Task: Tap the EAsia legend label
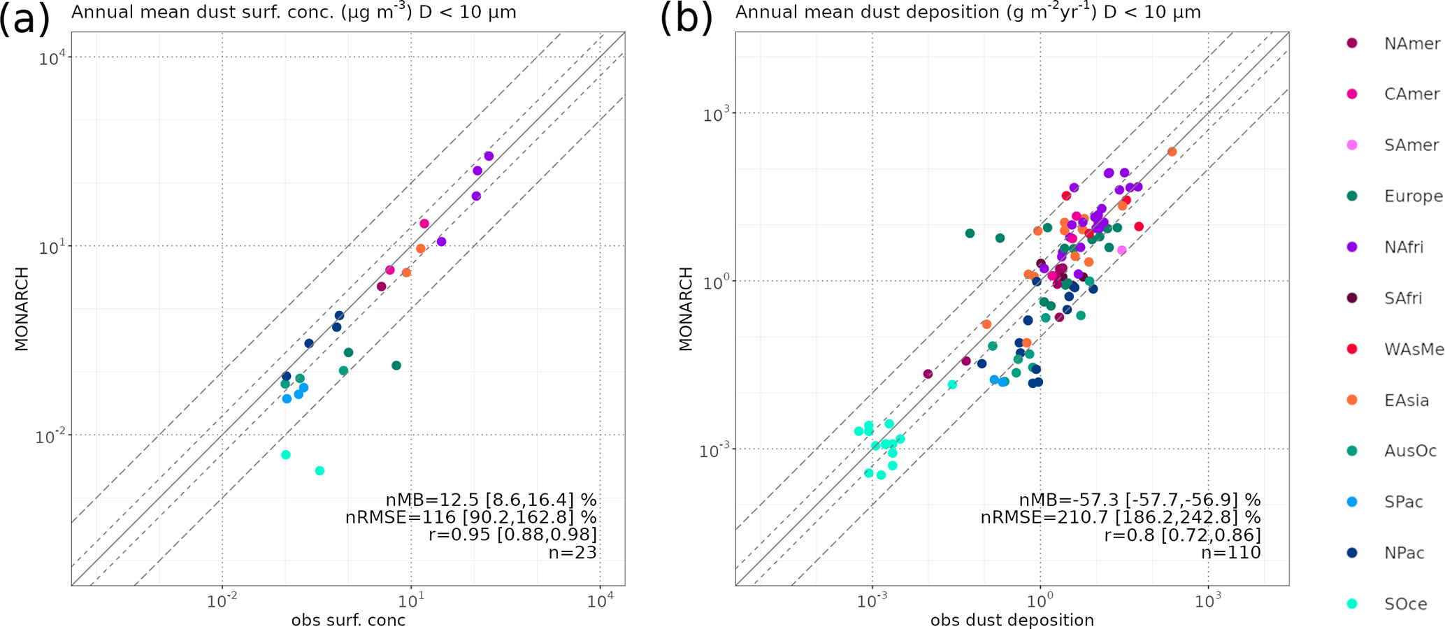pos(1407,400)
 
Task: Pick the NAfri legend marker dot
pos(1352,247)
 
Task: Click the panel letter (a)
pos(24,18)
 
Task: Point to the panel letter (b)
pos(686,18)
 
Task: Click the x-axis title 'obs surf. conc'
pos(348,621)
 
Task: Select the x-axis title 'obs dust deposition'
pos(1012,621)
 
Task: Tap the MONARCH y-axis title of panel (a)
pos(22,308)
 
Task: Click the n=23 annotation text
pos(573,553)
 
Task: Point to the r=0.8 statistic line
pos(1182,535)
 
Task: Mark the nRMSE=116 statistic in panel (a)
pos(470,518)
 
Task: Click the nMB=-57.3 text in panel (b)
pos(1140,500)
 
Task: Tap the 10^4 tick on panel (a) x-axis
pos(601,600)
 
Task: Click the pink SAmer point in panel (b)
pos(1121,250)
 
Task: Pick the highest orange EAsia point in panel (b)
pos(1172,152)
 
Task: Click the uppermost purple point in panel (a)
pos(489,156)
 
